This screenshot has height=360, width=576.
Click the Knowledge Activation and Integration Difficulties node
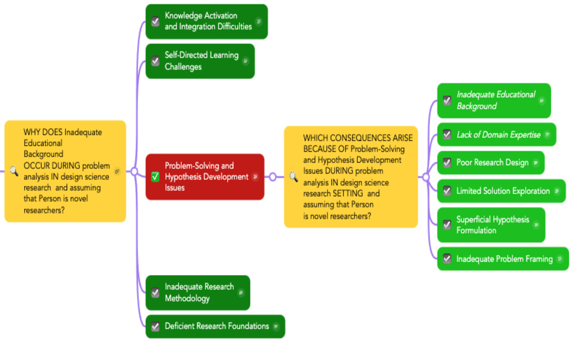207,22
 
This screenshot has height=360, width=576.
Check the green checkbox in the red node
155,177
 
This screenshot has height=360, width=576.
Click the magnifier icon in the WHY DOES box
14,171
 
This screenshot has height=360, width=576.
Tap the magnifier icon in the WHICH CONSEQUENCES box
293,177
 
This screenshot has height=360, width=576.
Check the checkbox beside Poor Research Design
447,163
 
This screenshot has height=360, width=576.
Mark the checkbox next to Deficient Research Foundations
155,327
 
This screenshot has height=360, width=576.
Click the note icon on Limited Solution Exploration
557,191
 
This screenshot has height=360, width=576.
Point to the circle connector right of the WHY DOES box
134,171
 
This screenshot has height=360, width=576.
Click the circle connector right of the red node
272,177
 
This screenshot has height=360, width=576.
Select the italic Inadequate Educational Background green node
495,100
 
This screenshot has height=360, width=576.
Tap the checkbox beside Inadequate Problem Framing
447,259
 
